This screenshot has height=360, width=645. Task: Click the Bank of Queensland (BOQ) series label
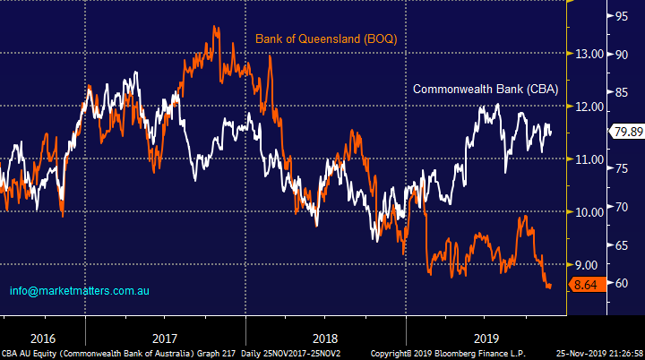tap(326, 39)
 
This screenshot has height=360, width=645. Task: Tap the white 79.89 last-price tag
tap(626, 132)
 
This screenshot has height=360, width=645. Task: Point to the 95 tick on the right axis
tap(620, 15)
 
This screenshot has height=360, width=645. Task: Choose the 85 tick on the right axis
tap(620, 92)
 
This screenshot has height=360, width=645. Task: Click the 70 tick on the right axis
tap(620, 207)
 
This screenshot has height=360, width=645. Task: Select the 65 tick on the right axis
tap(620, 245)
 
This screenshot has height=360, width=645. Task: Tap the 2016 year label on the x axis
tap(43, 339)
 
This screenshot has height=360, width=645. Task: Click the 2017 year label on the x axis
tap(164, 339)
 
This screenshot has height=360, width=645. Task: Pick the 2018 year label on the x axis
tap(325, 339)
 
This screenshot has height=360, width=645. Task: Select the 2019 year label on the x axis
tap(486, 339)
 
